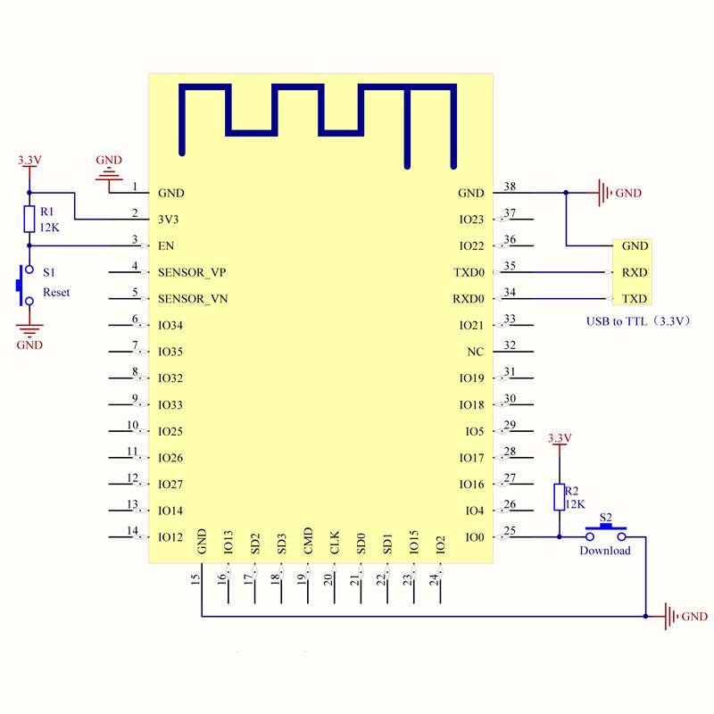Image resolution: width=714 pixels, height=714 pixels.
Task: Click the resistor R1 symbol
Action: pyautogui.click(x=29, y=220)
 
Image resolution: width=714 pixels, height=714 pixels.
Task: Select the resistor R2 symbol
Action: pyautogui.click(x=560, y=497)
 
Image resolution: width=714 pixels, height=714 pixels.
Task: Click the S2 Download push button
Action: pyautogui.click(x=606, y=534)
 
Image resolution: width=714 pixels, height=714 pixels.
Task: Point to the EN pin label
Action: pyautogui.click(x=165, y=245)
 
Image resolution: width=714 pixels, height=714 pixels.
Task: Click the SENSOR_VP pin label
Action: pyautogui.click(x=192, y=272)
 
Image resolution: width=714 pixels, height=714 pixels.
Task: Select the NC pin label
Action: pyautogui.click(x=476, y=352)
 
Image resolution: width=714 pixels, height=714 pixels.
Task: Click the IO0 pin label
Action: pyautogui.click(x=475, y=537)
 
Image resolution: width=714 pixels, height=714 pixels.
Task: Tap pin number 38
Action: pyautogui.click(x=511, y=187)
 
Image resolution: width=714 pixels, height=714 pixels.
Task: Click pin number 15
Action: pyautogui.click(x=195, y=579)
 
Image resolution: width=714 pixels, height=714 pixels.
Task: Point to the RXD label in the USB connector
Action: pyautogui.click(x=635, y=272)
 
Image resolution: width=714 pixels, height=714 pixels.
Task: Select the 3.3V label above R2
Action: pyautogui.click(x=559, y=438)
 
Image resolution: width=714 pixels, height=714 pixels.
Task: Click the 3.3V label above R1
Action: pyautogui.click(x=29, y=161)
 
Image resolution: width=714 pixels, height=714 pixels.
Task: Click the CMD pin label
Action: pyautogui.click(x=308, y=541)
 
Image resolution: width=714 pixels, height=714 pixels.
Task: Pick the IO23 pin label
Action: pyautogui.click(x=471, y=220)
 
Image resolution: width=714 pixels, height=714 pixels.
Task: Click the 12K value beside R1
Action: pyautogui.click(x=50, y=227)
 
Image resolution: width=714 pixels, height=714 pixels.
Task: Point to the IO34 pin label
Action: pyautogui.click(x=170, y=325)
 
